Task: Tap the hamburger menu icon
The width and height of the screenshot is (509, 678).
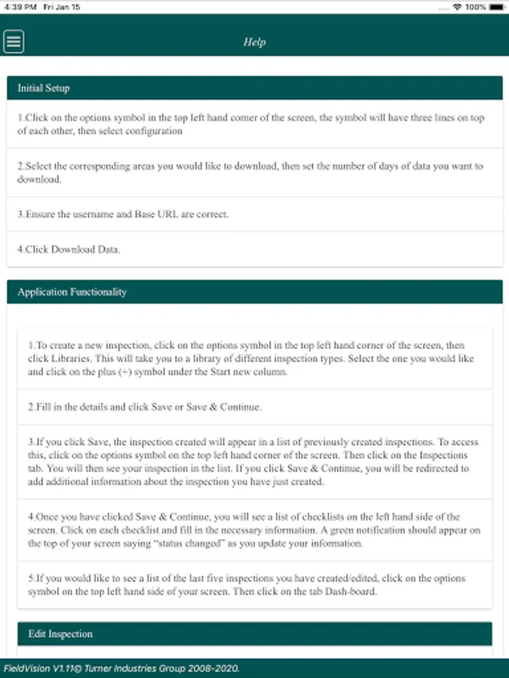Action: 14,41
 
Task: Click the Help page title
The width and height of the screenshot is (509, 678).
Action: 254,42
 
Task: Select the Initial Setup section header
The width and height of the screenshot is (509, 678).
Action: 44,88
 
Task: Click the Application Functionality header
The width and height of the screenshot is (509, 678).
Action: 72,292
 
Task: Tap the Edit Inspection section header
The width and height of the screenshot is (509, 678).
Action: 60,634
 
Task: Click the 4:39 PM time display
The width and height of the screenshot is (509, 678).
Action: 20,7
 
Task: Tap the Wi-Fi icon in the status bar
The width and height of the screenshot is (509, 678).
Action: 458,7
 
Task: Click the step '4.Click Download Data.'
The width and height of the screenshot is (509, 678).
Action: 68,250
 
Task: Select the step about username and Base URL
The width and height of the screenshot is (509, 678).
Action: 123,214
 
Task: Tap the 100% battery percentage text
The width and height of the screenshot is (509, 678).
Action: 476,7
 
